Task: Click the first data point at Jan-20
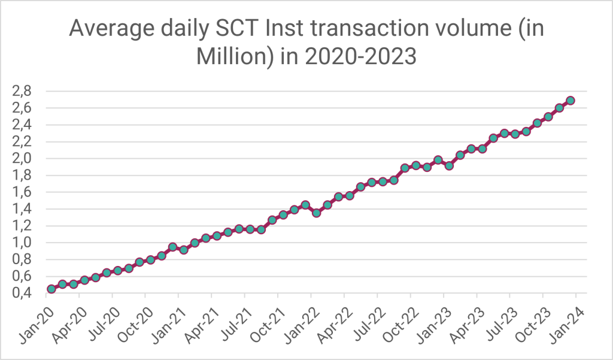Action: (x=51, y=289)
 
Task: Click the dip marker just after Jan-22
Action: (x=316, y=213)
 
